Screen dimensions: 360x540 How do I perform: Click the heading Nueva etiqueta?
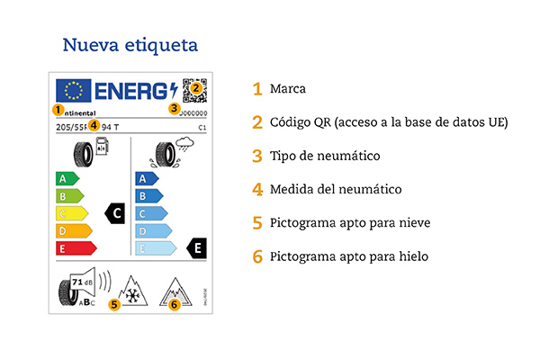pyautogui.click(x=130, y=44)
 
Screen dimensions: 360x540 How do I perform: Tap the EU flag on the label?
pyautogui.click(x=74, y=91)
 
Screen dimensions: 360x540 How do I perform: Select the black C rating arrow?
pyautogui.click(x=115, y=213)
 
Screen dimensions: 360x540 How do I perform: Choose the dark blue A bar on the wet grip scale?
pyautogui.click(x=147, y=178)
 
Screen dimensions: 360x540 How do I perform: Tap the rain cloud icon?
pyautogui.click(x=190, y=145)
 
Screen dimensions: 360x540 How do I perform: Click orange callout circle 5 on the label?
pyautogui.click(x=114, y=304)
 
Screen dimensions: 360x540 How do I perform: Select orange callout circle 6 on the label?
pyautogui.click(x=175, y=304)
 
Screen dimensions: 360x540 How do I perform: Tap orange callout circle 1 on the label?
pyautogui.click(x=58, y=110)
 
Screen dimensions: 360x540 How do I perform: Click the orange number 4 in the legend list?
pyautogui.click(x=257, y=190)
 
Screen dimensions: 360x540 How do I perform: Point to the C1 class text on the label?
pyautogui.click(x=202, y=129)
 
